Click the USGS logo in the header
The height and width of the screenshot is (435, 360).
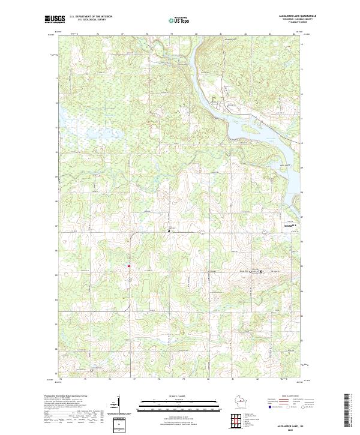click(x=55, y=19)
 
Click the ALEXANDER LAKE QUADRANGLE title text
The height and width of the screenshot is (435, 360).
click(x=297, y=15)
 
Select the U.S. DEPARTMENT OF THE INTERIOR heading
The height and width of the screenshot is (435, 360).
click(x=91, y=16)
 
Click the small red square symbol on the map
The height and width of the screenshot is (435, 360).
click(x=128, y=266)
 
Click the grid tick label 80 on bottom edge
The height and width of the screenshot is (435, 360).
click(x=208, y=379)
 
